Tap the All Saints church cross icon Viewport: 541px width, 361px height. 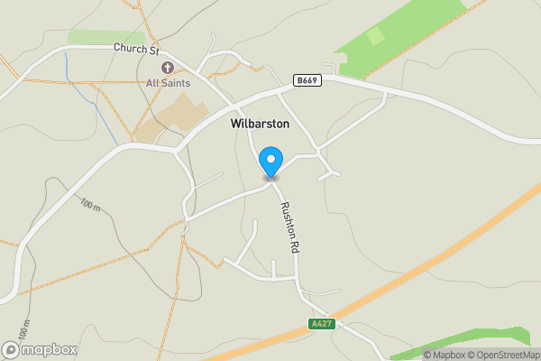(167, 68)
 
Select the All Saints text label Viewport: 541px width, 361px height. (168, 83)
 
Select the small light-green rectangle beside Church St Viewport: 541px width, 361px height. (99, 37)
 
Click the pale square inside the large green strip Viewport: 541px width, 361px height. (375, 37)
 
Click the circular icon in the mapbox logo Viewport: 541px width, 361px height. (11, 349)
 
